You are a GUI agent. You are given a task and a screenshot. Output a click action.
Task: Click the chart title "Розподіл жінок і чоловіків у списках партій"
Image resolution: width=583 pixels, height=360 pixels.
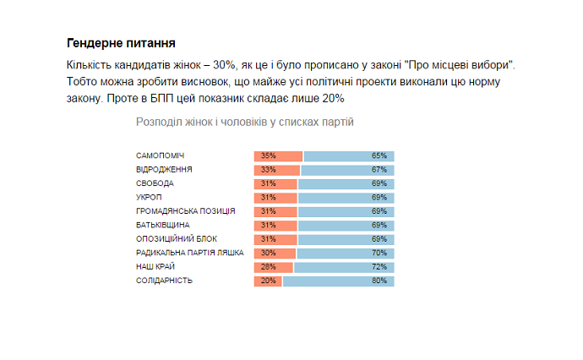point(244,122)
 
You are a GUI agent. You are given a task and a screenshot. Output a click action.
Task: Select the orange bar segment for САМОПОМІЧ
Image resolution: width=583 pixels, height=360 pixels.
point(278,155)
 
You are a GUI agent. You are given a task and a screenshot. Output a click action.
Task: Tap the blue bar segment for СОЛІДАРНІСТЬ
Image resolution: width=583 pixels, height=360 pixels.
point(338,281)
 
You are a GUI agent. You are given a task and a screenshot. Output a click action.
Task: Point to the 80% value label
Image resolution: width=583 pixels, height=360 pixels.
point(379,281)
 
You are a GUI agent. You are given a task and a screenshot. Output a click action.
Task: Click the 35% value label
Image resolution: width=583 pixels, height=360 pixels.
point(269,155)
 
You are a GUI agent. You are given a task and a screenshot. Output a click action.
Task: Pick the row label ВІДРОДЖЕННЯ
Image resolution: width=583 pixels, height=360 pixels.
point(164,170)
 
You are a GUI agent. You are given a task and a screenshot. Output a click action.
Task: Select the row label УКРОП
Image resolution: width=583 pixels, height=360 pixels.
point(149,198)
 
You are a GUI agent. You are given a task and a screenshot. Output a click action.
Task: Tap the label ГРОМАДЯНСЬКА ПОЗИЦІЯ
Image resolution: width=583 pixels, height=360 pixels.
point(185,211)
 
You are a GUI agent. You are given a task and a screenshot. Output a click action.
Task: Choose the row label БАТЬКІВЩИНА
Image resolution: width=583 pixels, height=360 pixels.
point(162,226)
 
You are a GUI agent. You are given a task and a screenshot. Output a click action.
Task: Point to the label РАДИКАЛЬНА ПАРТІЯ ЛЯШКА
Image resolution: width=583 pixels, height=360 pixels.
point(189,253)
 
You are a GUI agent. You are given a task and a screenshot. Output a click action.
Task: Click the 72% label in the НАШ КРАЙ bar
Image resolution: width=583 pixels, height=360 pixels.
point(379,267)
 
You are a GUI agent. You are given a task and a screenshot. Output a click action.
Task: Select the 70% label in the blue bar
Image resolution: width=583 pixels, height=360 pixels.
point(379,253)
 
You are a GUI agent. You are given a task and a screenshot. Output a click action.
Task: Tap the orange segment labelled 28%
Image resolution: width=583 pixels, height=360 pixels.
point(273,267)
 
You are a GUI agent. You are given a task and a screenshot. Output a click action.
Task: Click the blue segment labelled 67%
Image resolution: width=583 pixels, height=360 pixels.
point(347,170)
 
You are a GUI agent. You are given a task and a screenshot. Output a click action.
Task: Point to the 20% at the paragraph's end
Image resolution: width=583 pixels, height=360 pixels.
point(333,99)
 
